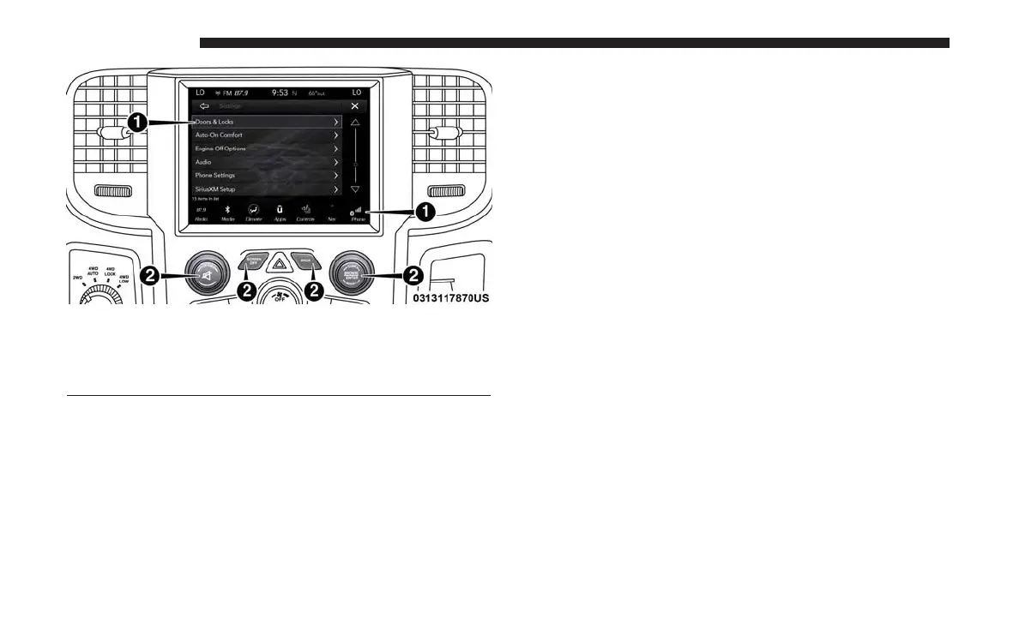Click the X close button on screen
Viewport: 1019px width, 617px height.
[x=354, y=106]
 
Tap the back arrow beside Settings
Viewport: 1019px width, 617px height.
[x=204, y=106]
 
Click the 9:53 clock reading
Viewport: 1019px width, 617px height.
[x=280, y=92]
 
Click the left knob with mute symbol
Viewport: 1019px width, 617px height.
[x=203, y=275]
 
